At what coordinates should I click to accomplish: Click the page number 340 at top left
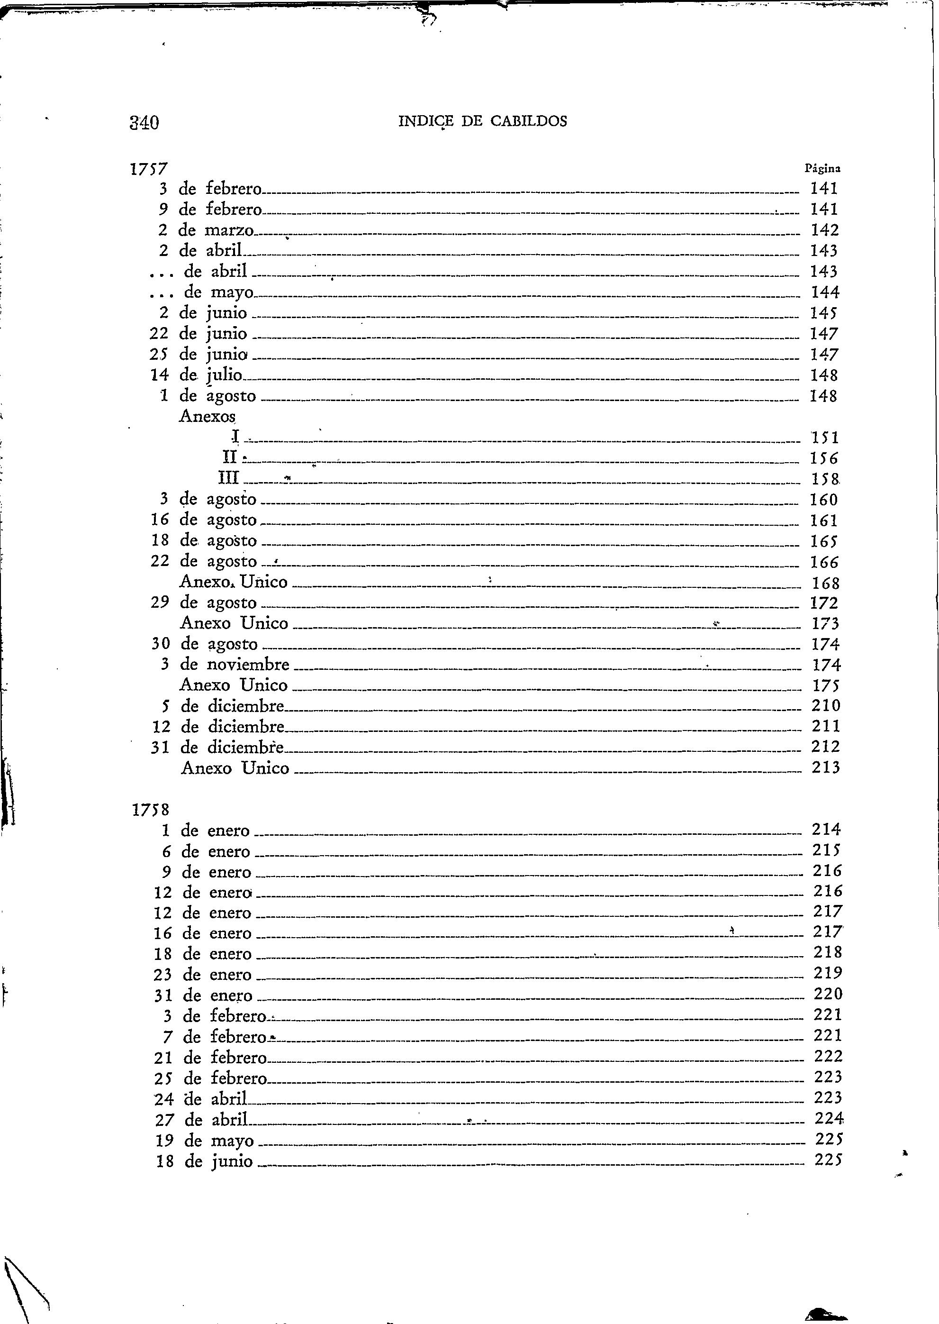[144, 123]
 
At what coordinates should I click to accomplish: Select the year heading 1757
[149, 169]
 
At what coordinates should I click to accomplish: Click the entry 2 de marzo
[206, 230]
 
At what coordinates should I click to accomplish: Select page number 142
[824, 230]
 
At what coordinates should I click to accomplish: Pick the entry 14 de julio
[196, 375]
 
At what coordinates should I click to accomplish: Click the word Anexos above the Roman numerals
[208, 417]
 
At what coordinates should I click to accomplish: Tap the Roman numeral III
[229, 478]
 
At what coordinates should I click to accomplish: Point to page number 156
[824, 458]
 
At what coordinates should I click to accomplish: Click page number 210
[826, 706]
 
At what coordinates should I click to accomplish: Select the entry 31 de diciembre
[217, 747]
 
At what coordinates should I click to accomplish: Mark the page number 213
[826, 767]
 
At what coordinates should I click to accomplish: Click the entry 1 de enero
[206, 831]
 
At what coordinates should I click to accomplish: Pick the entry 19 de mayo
[205, 1141]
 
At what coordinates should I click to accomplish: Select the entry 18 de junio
[205, 1161]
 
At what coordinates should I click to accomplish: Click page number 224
[829, 1119]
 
